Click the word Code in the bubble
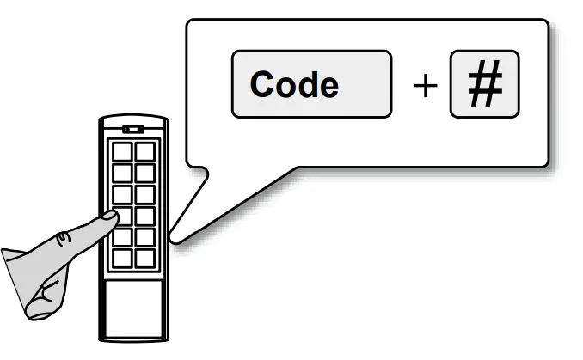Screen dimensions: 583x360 (294, 85)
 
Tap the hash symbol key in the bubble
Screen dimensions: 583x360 (484, 84)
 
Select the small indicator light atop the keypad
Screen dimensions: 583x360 (132, 130)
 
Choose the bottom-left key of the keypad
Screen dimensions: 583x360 (123, 256)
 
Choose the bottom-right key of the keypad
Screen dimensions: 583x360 (144, 256)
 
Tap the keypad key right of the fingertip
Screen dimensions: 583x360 (144, 215)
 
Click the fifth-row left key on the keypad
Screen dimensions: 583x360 (123, 235)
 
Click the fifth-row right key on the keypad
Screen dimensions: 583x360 (144, 235)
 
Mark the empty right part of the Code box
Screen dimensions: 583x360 (365, 85)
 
